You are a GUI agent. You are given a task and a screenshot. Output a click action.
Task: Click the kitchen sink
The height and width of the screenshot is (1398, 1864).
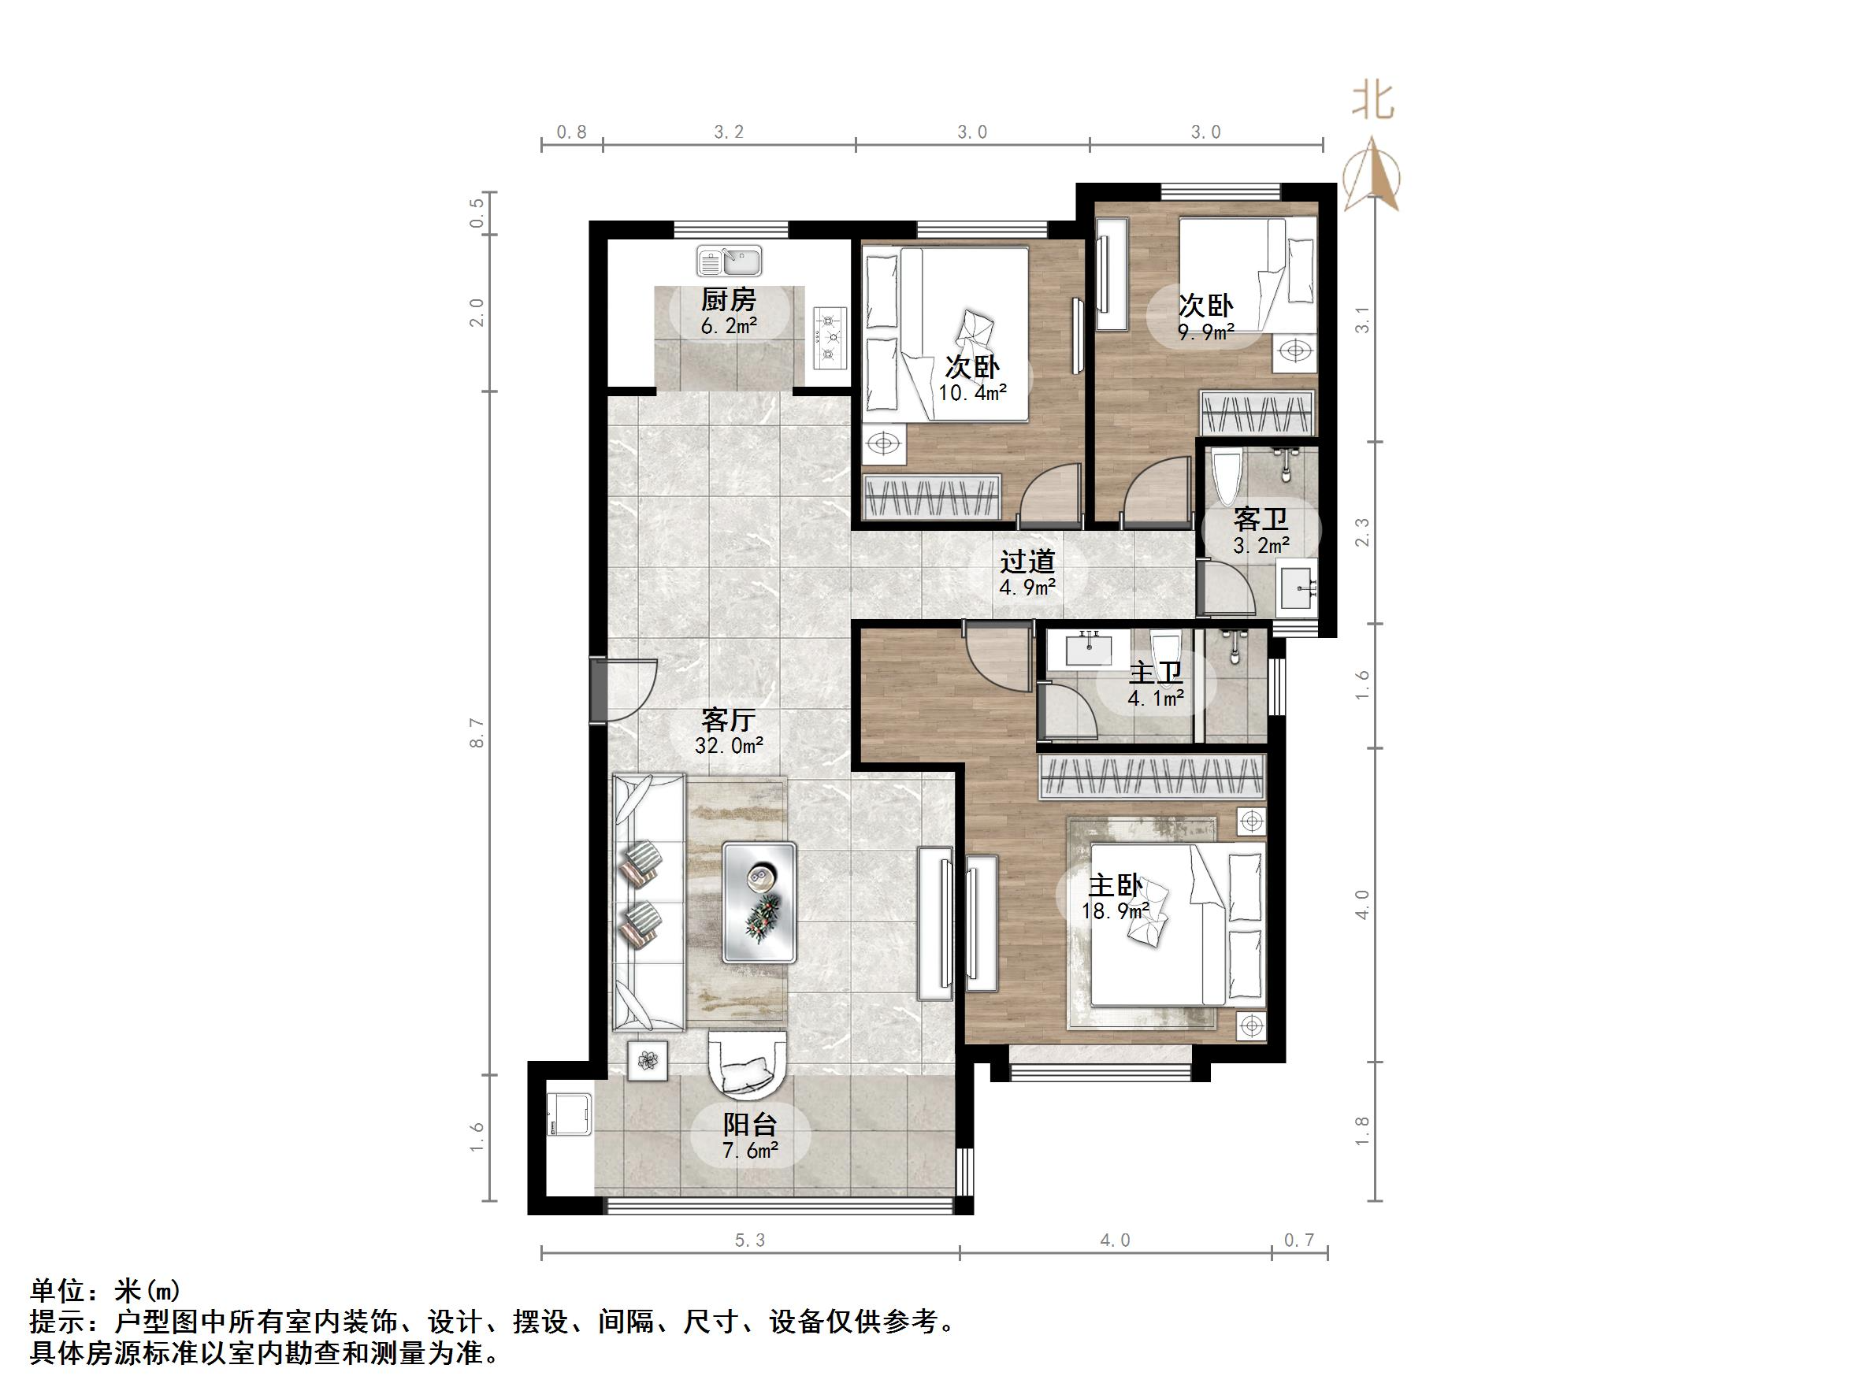click(x=729, y=261)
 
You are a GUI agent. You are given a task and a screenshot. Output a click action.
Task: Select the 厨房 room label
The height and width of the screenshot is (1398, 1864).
click(x=729, y=300)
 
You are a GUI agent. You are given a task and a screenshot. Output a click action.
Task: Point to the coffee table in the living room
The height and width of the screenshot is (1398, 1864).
click(x=759, y=903)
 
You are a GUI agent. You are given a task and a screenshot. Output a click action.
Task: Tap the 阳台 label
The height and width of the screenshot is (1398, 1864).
click(x=750, y=1124)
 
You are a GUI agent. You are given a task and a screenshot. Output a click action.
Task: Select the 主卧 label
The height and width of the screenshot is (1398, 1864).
click(x=1116, y=885)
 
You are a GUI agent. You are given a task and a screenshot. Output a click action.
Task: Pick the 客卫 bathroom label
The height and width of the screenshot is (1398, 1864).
click(x=1261, y=518)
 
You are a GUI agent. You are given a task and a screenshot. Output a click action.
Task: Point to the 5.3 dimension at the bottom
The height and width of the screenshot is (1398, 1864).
click(x=750, y=1240)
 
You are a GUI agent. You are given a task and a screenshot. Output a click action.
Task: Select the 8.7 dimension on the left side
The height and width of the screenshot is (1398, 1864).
click(x=477, y=732)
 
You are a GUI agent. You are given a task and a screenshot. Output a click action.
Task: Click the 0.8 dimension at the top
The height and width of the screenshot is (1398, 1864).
click(x=571, y=132)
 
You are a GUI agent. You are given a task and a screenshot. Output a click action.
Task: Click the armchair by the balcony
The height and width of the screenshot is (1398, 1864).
click(x=748, y=1065)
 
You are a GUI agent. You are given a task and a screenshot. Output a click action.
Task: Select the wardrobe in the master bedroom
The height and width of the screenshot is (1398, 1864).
click(x=1153, y=775)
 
